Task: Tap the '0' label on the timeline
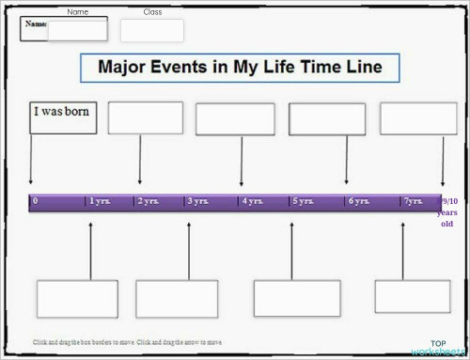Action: click(x=36, y=201)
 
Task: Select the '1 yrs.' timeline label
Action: click(x=99, y=201)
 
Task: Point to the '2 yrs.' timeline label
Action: click(x=149, y=201)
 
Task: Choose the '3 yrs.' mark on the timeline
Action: click(x=197, y=201)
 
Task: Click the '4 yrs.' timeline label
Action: click(x=252, y=201)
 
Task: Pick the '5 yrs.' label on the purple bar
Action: click(x=302, y=201)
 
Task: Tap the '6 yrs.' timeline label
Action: click(x=358, y=201)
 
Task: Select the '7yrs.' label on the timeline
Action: click(x=414, y=201)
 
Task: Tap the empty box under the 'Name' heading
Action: click(x=78, y=30)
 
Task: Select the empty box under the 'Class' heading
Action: click(x=151, y=30)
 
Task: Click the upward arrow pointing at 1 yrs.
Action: click(x=90, y=249)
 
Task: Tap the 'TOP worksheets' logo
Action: click(x=438, y=348)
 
